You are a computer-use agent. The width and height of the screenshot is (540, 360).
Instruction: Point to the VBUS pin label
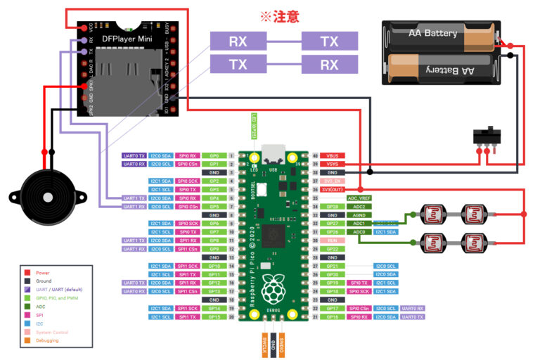pos(333,155)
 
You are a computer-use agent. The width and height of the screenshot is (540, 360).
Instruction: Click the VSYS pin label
pos(333,163)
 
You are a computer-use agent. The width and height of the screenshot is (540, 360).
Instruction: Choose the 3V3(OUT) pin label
pos(333,190)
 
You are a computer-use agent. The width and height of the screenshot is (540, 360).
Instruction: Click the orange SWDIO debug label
pos(282,346)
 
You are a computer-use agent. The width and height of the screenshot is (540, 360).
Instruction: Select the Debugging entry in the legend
pos(46,340)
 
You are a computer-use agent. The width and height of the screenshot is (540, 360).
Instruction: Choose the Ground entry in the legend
pos(43,281)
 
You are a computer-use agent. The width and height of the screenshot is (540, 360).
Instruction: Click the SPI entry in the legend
pos(39,316)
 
